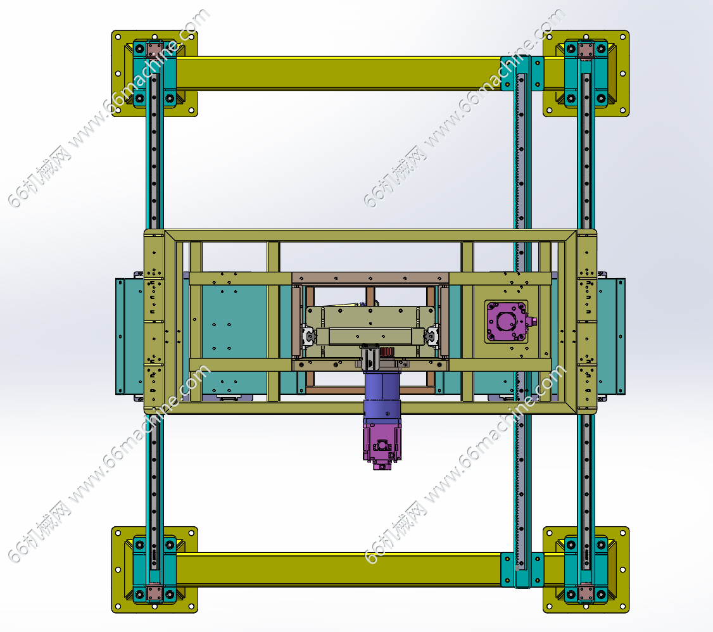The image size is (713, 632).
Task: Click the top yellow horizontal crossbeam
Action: tap(339, 73)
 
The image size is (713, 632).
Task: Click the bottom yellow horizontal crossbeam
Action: tap(339, 569)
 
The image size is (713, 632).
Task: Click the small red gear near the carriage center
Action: tap(386, 352)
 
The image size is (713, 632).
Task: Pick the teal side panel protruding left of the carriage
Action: tap(130, 336)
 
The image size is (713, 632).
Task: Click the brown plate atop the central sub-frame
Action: tap(370, 278)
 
